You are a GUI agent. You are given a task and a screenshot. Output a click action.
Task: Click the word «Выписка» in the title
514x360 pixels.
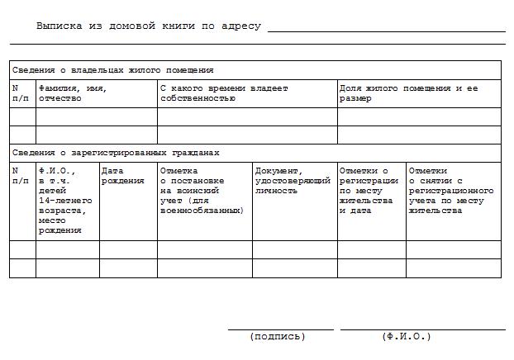click(59, 26)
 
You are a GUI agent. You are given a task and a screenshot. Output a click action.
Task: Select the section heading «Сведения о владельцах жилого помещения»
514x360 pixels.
click(112, 70)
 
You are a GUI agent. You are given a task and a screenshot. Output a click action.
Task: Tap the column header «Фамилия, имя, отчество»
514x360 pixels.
click(73, 92)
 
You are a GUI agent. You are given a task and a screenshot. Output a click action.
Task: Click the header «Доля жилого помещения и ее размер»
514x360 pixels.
click(407, 92)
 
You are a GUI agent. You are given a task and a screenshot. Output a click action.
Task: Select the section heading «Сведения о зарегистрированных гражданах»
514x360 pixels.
click(116, 153)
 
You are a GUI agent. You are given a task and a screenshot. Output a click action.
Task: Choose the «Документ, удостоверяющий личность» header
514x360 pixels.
click(293, 181)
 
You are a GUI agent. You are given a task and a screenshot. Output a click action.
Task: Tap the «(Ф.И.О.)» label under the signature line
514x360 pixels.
click(406, 337)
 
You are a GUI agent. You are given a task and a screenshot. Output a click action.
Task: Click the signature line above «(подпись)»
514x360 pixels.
click(279, 329)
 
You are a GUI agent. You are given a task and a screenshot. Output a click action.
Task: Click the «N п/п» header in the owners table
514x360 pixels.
click(21, 92)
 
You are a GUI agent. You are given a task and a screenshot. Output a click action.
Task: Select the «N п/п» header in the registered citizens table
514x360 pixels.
click(21, 176)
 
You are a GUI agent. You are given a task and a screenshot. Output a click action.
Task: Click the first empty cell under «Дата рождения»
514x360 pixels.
click(128, 249)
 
